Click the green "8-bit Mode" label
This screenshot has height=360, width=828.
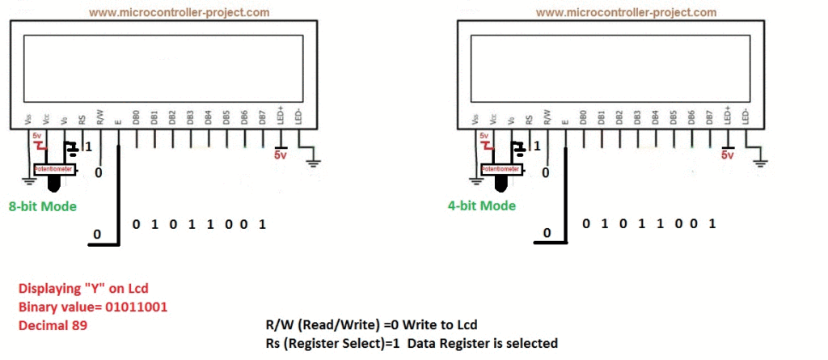click(x=42, y=206)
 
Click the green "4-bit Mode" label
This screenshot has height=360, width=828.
click(x=481, y=205)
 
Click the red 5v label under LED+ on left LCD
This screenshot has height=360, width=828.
click(x=281, y=155)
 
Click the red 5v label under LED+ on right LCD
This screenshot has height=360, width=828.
click(x=726, y=155)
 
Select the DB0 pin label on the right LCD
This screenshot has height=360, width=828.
click(x=582, y=116)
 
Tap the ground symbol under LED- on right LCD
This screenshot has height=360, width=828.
click(x=761, y=163)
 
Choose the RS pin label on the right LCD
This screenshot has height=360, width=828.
click(x=529, y=119)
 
